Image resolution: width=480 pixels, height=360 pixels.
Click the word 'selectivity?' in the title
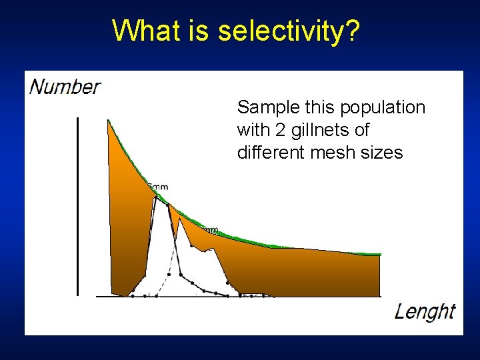click(289, 31)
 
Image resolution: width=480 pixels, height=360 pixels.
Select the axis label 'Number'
click(65, 87)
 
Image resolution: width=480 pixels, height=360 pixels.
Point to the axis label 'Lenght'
click(425, 311)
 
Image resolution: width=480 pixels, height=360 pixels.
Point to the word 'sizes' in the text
click(379, 153)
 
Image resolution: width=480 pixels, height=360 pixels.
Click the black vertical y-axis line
click(78, 207)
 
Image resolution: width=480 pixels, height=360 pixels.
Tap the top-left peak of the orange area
click(109, 121)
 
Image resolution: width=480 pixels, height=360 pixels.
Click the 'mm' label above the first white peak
click(159, 187)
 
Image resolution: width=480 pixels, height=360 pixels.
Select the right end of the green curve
click(379, 254)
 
